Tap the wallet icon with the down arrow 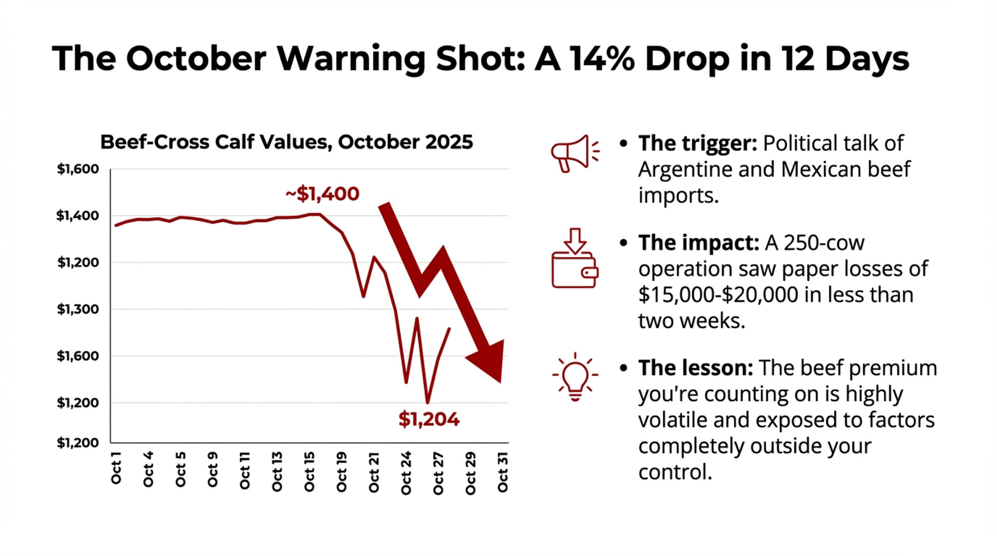tap(574, 259)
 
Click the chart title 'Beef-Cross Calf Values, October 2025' tap(286, 142)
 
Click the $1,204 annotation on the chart tap(429, 419)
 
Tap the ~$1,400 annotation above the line tap(323, 194)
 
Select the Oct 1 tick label tap(116, 468)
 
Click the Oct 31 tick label tap(502, 472)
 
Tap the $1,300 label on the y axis tap(78, 309)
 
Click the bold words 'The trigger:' tap(697, 143)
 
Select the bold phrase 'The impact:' tap(698, 243)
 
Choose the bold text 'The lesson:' tap(695, 368)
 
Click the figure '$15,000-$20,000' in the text tap(718, 295)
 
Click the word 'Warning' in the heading tap(351, 59)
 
